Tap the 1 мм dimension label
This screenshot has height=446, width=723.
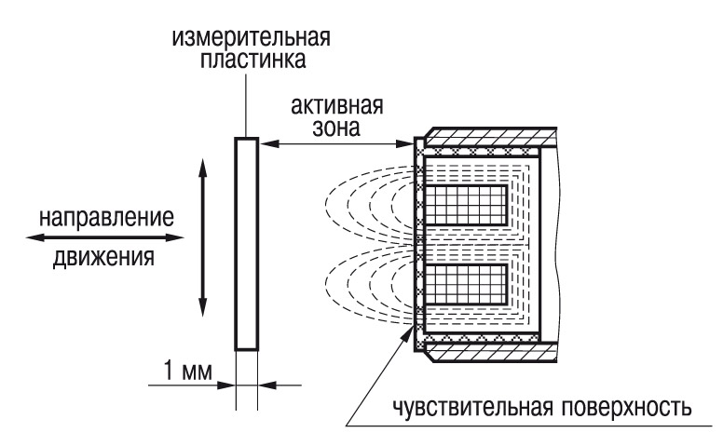[x=181, y=373]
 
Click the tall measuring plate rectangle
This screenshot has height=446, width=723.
[x=246, y=244]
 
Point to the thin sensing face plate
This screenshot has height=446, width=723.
[x=416, y=244]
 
